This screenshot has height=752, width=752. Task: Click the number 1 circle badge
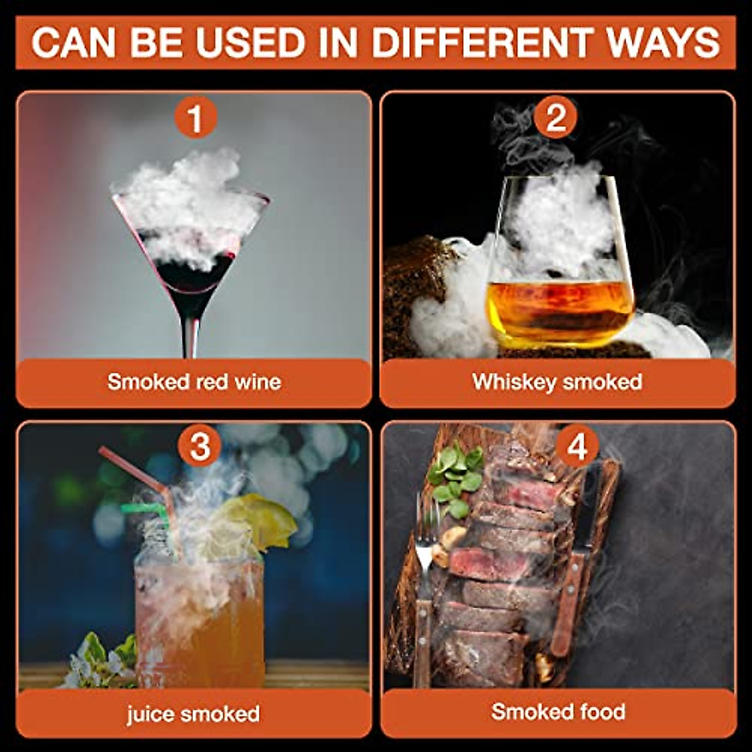[x=196, y=118]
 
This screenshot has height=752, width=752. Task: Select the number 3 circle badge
[x=199, y=447]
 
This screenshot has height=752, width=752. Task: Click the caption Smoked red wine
[x=194, y=382]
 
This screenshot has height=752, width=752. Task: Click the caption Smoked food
[x=558, y=712]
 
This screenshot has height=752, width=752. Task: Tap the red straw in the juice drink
[x=132, y=467]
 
